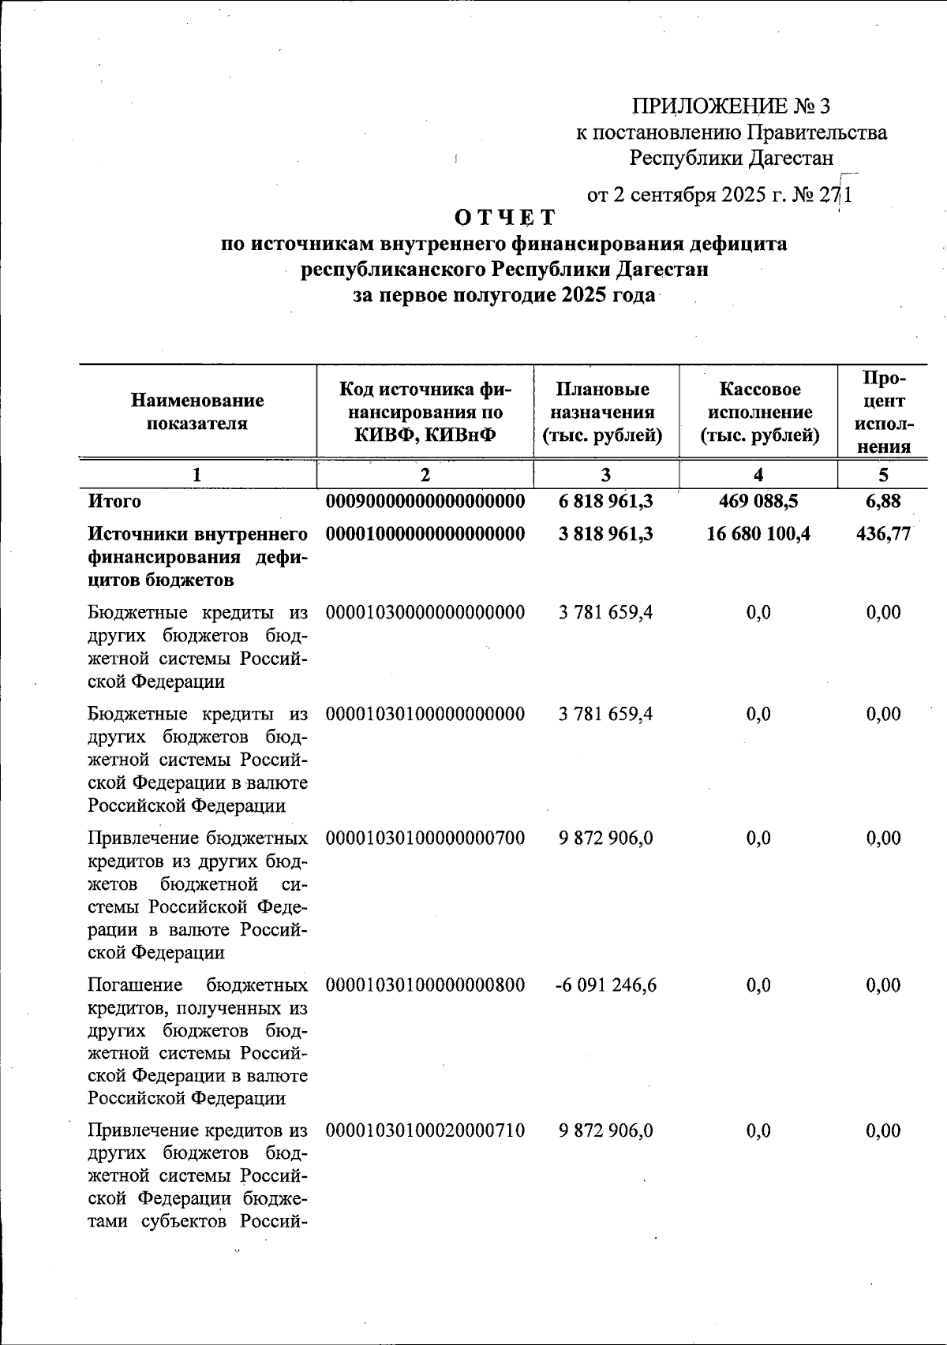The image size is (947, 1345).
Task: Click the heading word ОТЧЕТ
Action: pyautogui.click(x=505, y=217)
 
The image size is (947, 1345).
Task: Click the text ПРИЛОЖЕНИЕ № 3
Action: pyautogui.click(x=731, y=106)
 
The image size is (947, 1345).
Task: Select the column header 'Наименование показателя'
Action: pyautogui.click(x=197, y=412)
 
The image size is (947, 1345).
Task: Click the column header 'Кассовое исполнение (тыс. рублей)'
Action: pyautogui.click(x=759, y=412)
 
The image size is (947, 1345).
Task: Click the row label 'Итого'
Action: pyautogui.click(x=114, y=501)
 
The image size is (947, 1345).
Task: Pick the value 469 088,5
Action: pyautogui.click(x=758, y=501)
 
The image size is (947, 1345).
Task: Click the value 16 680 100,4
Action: pyautogui.click(x=758, y=534)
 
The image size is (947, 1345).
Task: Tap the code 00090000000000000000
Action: pyautogui.click(x=425, y=501)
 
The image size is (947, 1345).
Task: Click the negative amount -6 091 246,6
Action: pyautogui.click(x=605, y=985)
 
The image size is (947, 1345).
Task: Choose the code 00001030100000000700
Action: pyautogui.click(x=425, y=838)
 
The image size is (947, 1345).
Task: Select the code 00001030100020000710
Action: pyautogui.click(x=425, y=1130)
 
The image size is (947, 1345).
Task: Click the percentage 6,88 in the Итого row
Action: pyautogui.click(x=883, y=501)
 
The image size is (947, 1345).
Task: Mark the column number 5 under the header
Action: pyautogui.click(x=883, y=474)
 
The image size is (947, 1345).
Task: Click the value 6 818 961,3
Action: pyautogui.click(x=605, y=501)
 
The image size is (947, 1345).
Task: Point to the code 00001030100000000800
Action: pyautogui.click(x=425, y=985)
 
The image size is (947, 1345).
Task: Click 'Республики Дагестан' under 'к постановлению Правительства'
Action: pyautogui.click(x=731, y=159)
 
